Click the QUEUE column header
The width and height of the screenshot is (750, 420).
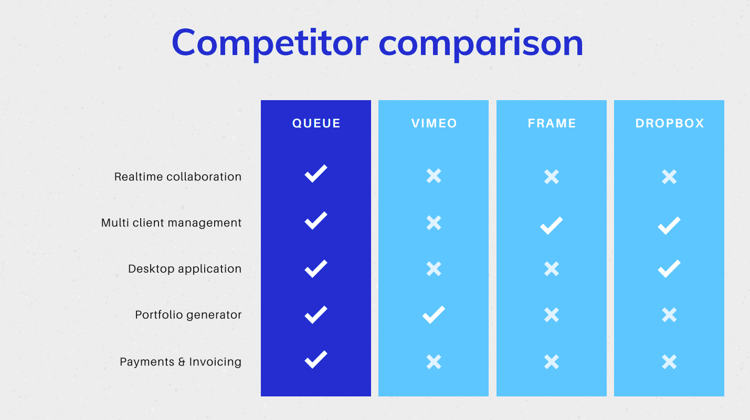coord(316,123)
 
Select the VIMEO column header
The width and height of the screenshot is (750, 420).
coord(434,123)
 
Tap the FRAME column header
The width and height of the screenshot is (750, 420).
coord(552,123)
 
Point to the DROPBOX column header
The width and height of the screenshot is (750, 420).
coord(670,123)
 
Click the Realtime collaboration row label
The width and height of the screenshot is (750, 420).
coord(178,177)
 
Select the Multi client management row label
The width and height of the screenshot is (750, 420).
coord(171,223)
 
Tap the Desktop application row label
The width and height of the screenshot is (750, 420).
coord(185,269)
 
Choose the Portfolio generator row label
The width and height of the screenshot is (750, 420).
coord(188,315)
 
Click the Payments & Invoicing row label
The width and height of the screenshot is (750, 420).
coord(181,362)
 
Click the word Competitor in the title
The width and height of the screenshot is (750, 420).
coord(270,44)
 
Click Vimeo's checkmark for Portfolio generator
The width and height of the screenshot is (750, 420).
coord(434,315)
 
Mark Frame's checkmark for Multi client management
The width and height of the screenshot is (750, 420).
coord(551,225)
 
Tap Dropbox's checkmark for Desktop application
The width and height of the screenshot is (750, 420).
coord(669,269)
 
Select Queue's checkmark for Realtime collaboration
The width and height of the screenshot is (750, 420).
coord(316,174)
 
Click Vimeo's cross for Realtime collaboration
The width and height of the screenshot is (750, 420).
coord(434,176)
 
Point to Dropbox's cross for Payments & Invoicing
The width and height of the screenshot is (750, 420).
coord(669,362)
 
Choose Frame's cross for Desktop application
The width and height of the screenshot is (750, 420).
coord(552,269)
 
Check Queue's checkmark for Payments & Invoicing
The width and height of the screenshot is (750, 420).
coord(316,360)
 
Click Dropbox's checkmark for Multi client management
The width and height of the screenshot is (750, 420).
coord(669,225)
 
